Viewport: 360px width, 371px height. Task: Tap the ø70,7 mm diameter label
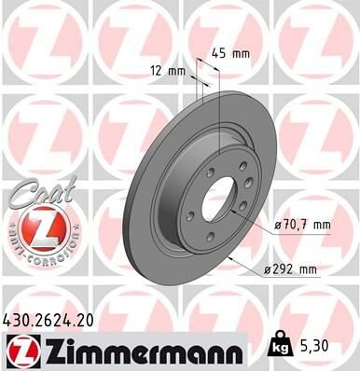(x=303, y=224)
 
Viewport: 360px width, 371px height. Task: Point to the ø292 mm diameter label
(x=292, y=269)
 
